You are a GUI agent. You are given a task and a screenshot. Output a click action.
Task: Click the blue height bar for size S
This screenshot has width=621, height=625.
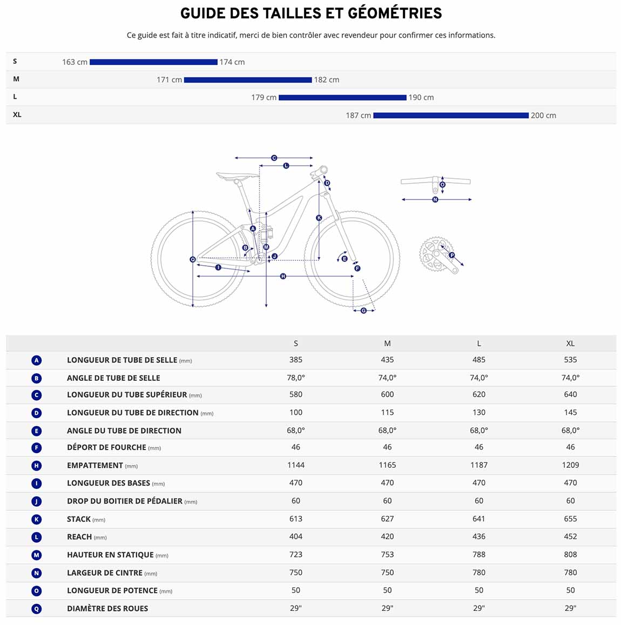click(x=153, y=62)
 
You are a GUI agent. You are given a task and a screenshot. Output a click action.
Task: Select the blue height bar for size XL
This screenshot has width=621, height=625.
click(x=451, y=115)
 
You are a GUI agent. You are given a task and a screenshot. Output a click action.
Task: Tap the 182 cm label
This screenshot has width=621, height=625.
click(x=326, y=80)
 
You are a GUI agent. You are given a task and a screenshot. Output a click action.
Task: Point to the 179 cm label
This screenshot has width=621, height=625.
click(x=264, y=97)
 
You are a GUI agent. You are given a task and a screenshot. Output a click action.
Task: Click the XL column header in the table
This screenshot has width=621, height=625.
click(x=570, y=343)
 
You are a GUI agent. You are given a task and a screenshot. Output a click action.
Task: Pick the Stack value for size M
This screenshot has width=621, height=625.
click(x=387, y=519)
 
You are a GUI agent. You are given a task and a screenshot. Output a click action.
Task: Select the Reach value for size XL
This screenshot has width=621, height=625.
click(x=570, y=536)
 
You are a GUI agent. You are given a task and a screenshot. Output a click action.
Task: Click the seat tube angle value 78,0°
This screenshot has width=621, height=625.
click(x=295, y=378)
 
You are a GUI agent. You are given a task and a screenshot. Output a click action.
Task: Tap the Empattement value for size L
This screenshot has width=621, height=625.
click(x=478, y=465)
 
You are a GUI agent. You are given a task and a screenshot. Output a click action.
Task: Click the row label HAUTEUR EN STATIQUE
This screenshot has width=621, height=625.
click(x=110, y=554)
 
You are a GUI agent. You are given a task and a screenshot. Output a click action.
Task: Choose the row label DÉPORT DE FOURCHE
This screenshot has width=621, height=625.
click(x=106, y=447)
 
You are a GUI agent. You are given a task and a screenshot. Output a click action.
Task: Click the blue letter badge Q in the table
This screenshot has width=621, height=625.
click(x=36, y=609)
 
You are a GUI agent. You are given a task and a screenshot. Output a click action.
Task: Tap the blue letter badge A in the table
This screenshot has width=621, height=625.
click(x=36, y=360)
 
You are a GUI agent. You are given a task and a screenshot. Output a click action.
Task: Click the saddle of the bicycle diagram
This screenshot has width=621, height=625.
click(x=238, y=176)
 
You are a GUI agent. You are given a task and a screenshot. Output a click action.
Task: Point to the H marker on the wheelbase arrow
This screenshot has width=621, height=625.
click(x=283, y=276)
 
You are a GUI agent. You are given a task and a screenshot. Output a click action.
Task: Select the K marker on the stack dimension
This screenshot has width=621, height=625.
click(x=319, y=218)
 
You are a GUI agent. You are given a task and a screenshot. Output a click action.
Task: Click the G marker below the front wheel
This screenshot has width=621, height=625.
click(x=363, y=311)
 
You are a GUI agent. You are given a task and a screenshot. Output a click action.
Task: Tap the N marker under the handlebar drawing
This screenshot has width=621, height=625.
click(x=435, y=199)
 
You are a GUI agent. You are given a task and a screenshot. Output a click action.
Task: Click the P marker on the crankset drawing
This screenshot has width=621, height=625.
click(x=451, y=255)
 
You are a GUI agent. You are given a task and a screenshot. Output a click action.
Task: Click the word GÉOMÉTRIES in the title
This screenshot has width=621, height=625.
click(x=395, y=13)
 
